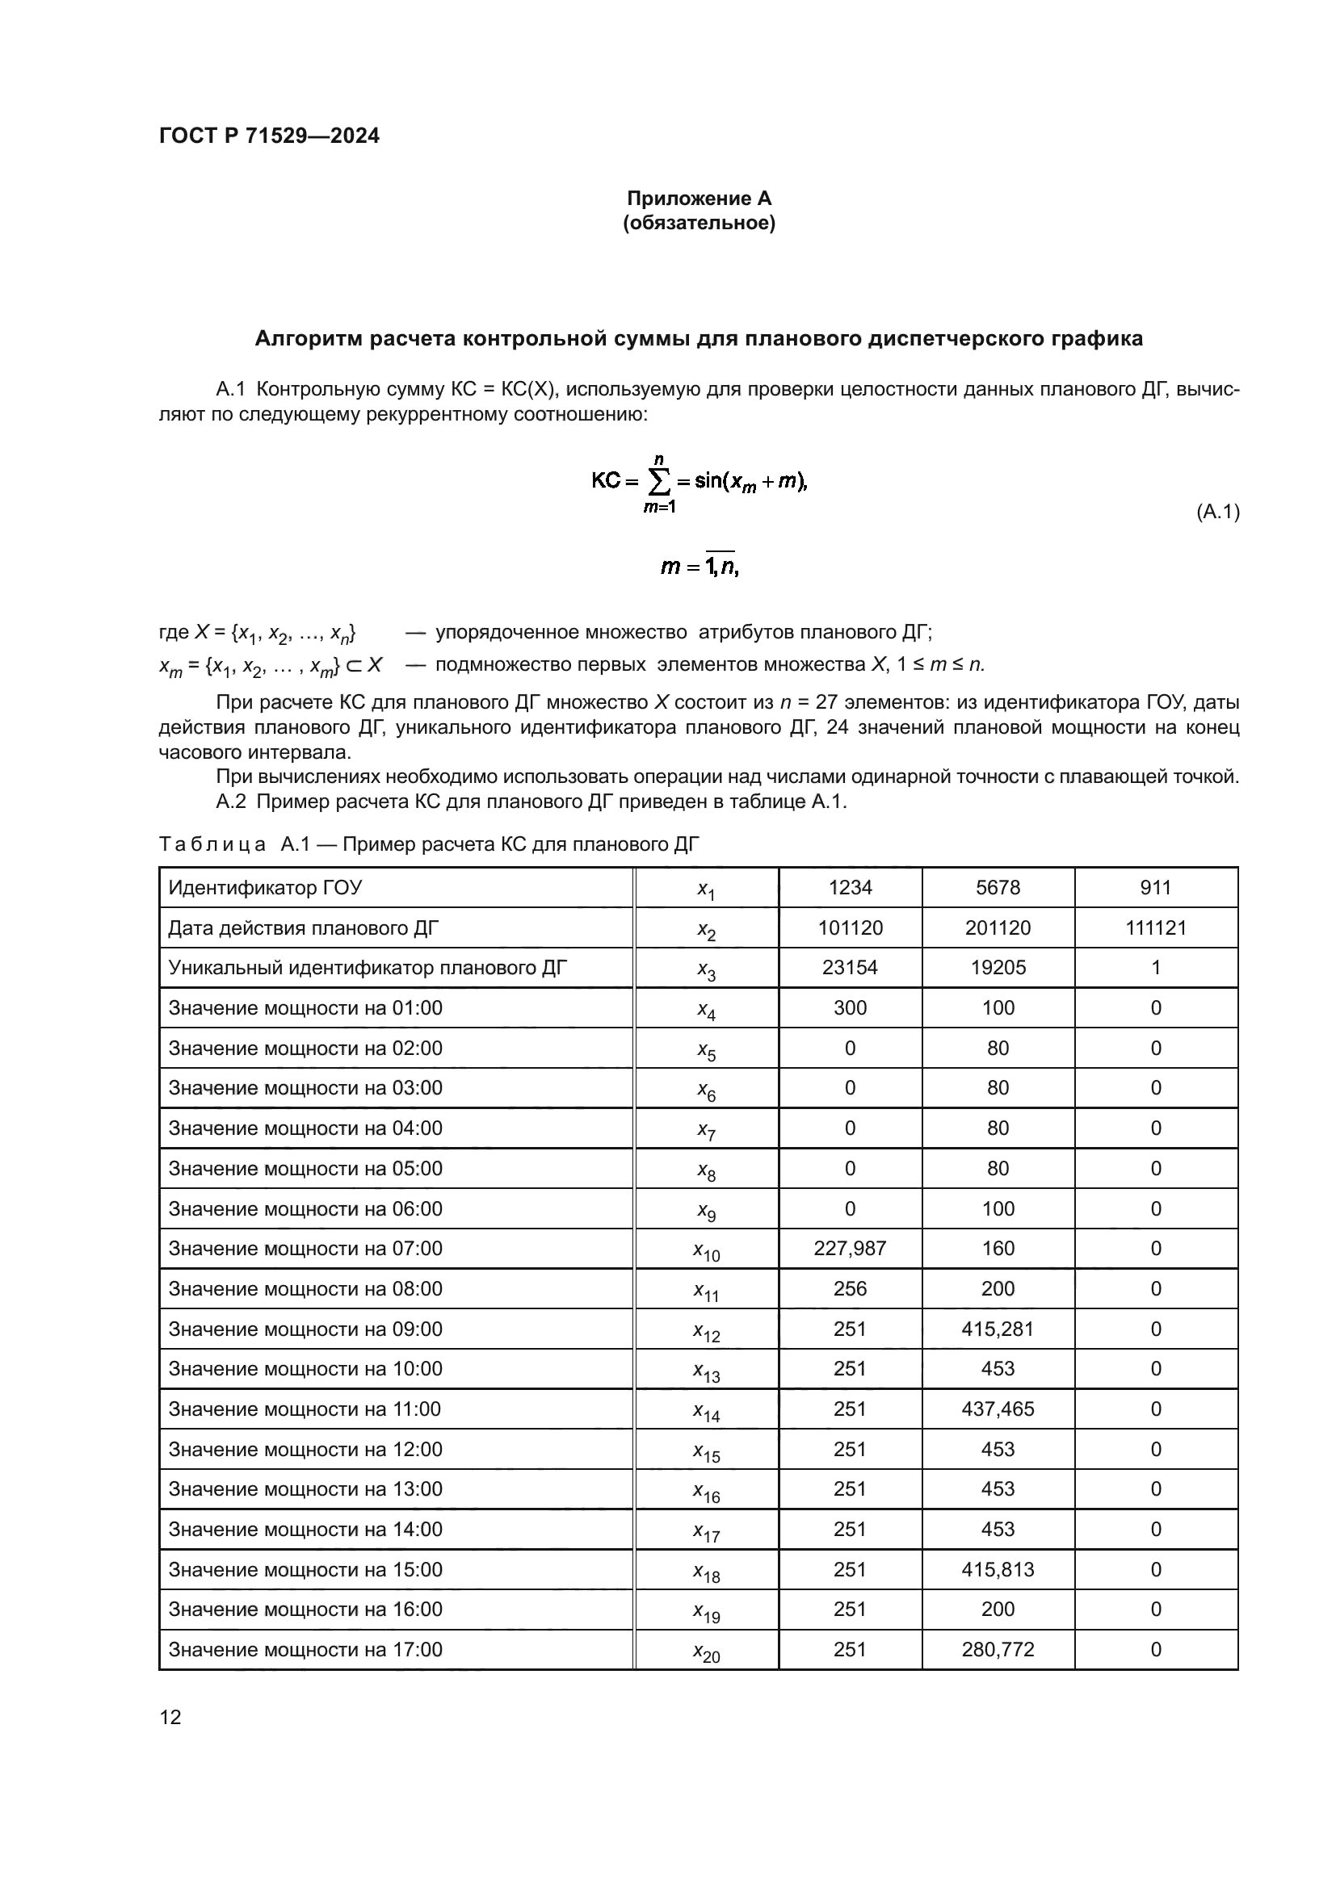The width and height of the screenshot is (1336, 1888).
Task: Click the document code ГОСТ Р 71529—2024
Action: tap(269, 136)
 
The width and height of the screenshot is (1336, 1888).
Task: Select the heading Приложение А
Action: tap(699, 199)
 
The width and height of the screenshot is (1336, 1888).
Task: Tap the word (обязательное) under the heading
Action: tap(699, 223)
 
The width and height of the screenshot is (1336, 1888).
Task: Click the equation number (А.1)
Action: tap(1216, 513)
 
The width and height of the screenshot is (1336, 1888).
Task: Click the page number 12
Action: tap(170, 1717)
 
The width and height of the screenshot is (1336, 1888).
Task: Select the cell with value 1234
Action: tap(850, 887)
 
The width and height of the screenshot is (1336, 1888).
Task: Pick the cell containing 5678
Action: tap(997, 887)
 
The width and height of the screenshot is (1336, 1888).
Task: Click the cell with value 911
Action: tap(1155, 887)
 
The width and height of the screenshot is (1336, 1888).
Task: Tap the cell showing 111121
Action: tap(1155, 927)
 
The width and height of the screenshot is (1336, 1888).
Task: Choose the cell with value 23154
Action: tap(850, 967)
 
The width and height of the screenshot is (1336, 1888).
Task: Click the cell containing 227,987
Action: tap(850, 1248)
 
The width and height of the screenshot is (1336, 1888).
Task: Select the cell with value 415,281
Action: tap(997, 1329)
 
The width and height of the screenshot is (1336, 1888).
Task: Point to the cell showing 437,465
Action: tap(997, 1409)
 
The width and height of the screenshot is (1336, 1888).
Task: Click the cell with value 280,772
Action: tap(997, 1650)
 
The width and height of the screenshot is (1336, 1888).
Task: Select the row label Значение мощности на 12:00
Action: tap(305, 1449)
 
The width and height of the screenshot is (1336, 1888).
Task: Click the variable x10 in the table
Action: tap(706, 1250)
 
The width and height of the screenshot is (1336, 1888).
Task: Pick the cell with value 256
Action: tap(850, 1288)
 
